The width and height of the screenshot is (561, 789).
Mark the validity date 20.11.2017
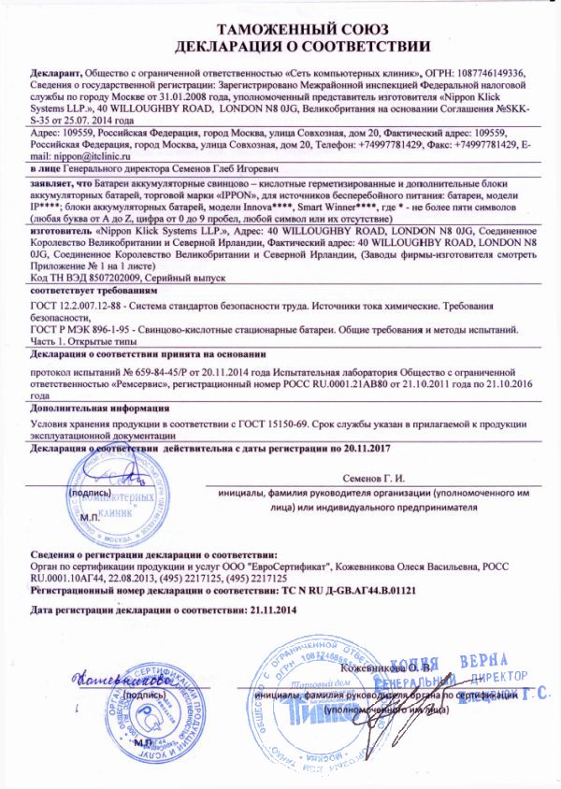357,449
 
